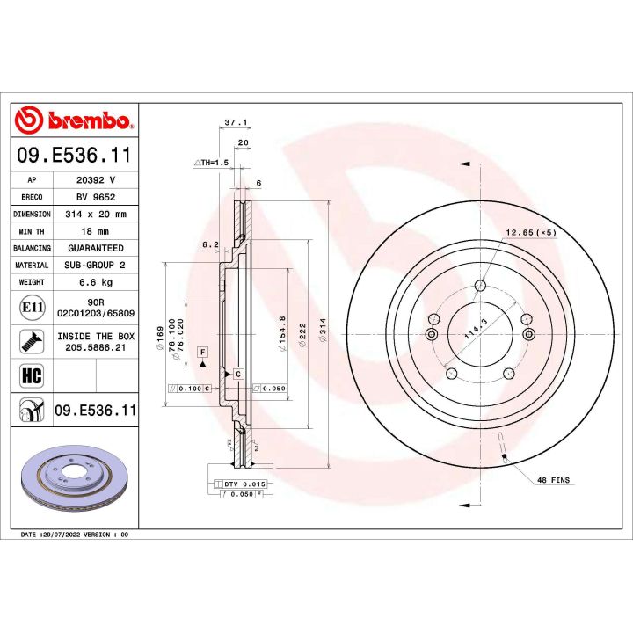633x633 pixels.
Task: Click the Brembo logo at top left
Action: [x=74, y=121]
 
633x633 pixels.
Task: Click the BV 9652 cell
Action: [x=96, y=197]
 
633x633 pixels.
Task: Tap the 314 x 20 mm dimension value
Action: [x=96, y=214]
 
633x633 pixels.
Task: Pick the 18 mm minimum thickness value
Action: [x=96, y=230]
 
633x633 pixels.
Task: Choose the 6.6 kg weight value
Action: [x=96, y=282]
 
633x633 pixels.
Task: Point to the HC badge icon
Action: [x=30, y=376]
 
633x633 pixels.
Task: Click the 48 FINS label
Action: [x=552, y=479]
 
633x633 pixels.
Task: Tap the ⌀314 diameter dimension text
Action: [x=324, y=335]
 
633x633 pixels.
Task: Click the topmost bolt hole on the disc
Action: [x=480, y=285]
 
